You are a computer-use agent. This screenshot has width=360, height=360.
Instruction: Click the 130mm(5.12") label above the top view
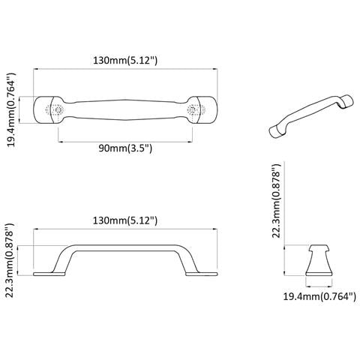(x=125, y=61)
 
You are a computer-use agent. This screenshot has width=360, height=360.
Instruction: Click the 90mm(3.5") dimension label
(x=125, y=148)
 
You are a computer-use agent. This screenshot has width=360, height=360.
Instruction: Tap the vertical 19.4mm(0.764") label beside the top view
(x=11, y=109)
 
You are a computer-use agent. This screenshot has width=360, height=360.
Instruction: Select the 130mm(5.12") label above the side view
(x=125, y=220)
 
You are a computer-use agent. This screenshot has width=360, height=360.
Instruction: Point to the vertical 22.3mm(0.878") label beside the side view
(x=10, y=260)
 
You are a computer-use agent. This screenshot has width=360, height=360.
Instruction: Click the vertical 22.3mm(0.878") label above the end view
(x=277, y=201)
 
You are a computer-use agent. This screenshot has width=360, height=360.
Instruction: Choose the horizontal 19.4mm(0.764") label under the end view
(x=319, y=296)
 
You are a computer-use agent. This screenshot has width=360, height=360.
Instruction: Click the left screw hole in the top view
(x=58, y=109)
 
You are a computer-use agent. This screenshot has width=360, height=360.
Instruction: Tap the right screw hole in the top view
(x=192, y=109)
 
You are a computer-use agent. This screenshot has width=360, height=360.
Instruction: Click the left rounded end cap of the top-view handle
(x=43, y=109)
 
